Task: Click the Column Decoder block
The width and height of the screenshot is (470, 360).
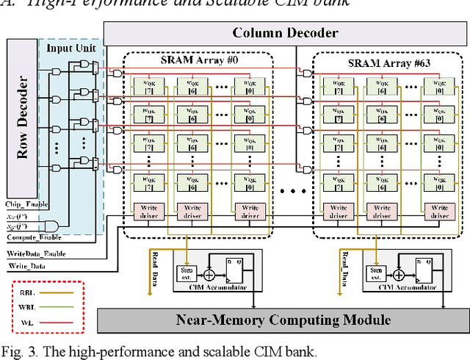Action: click(x=286, y=32)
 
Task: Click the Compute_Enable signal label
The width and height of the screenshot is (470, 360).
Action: click(x=33, y=237)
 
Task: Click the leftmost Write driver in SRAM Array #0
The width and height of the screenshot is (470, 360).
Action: click(x=149, y=212)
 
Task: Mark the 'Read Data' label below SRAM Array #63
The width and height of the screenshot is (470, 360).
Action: click(x=344, y=269)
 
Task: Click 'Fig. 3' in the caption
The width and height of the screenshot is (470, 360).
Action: click(x=17, y=351)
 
